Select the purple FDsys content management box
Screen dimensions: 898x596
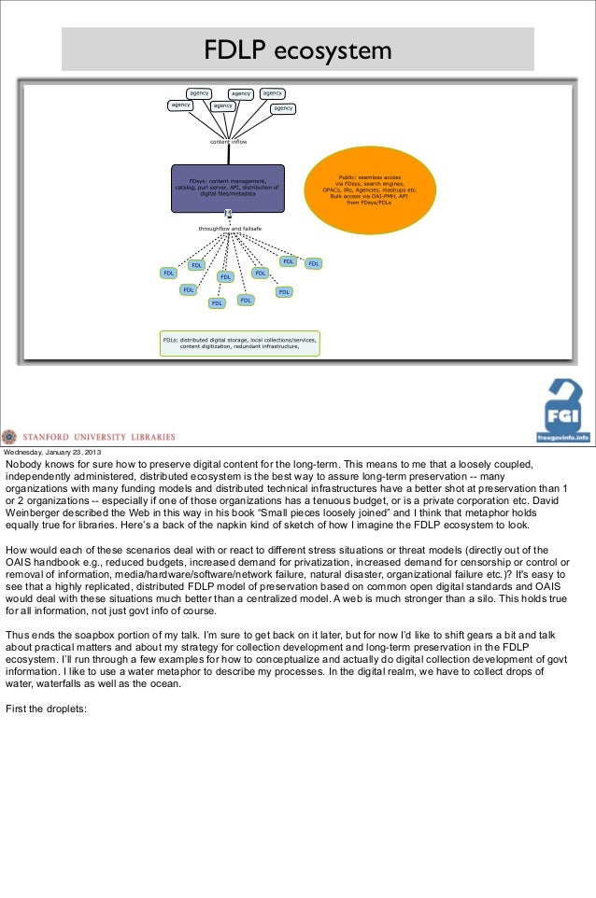click(x=227, y=186)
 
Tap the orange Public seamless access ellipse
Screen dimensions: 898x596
click(x=373, y=188)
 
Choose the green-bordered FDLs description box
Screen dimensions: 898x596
click(x=240, y=344)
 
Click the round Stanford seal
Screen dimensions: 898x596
click(x=9, y=436)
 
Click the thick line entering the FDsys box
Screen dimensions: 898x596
click(x=227, y=154)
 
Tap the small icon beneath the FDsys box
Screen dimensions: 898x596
click(x=227, y=215)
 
